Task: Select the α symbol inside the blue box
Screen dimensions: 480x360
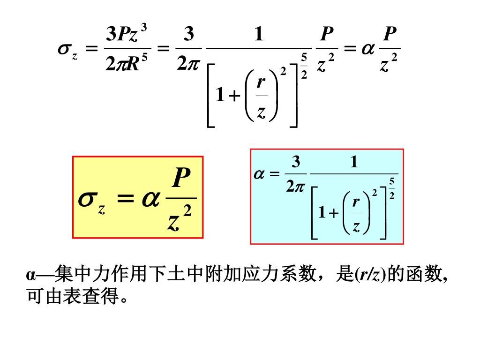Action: pyautogui.click(x=260, y=174)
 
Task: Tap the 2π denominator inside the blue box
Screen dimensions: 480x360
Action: pyautogui.click(x=295, y=187)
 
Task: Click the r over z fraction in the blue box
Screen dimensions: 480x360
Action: pyautogui.click(x=356, y=214)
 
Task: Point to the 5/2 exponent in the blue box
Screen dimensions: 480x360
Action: pyautogui.click(x=392, y=188)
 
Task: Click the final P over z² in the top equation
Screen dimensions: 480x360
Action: pyautogui.click(x=390, y=49)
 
